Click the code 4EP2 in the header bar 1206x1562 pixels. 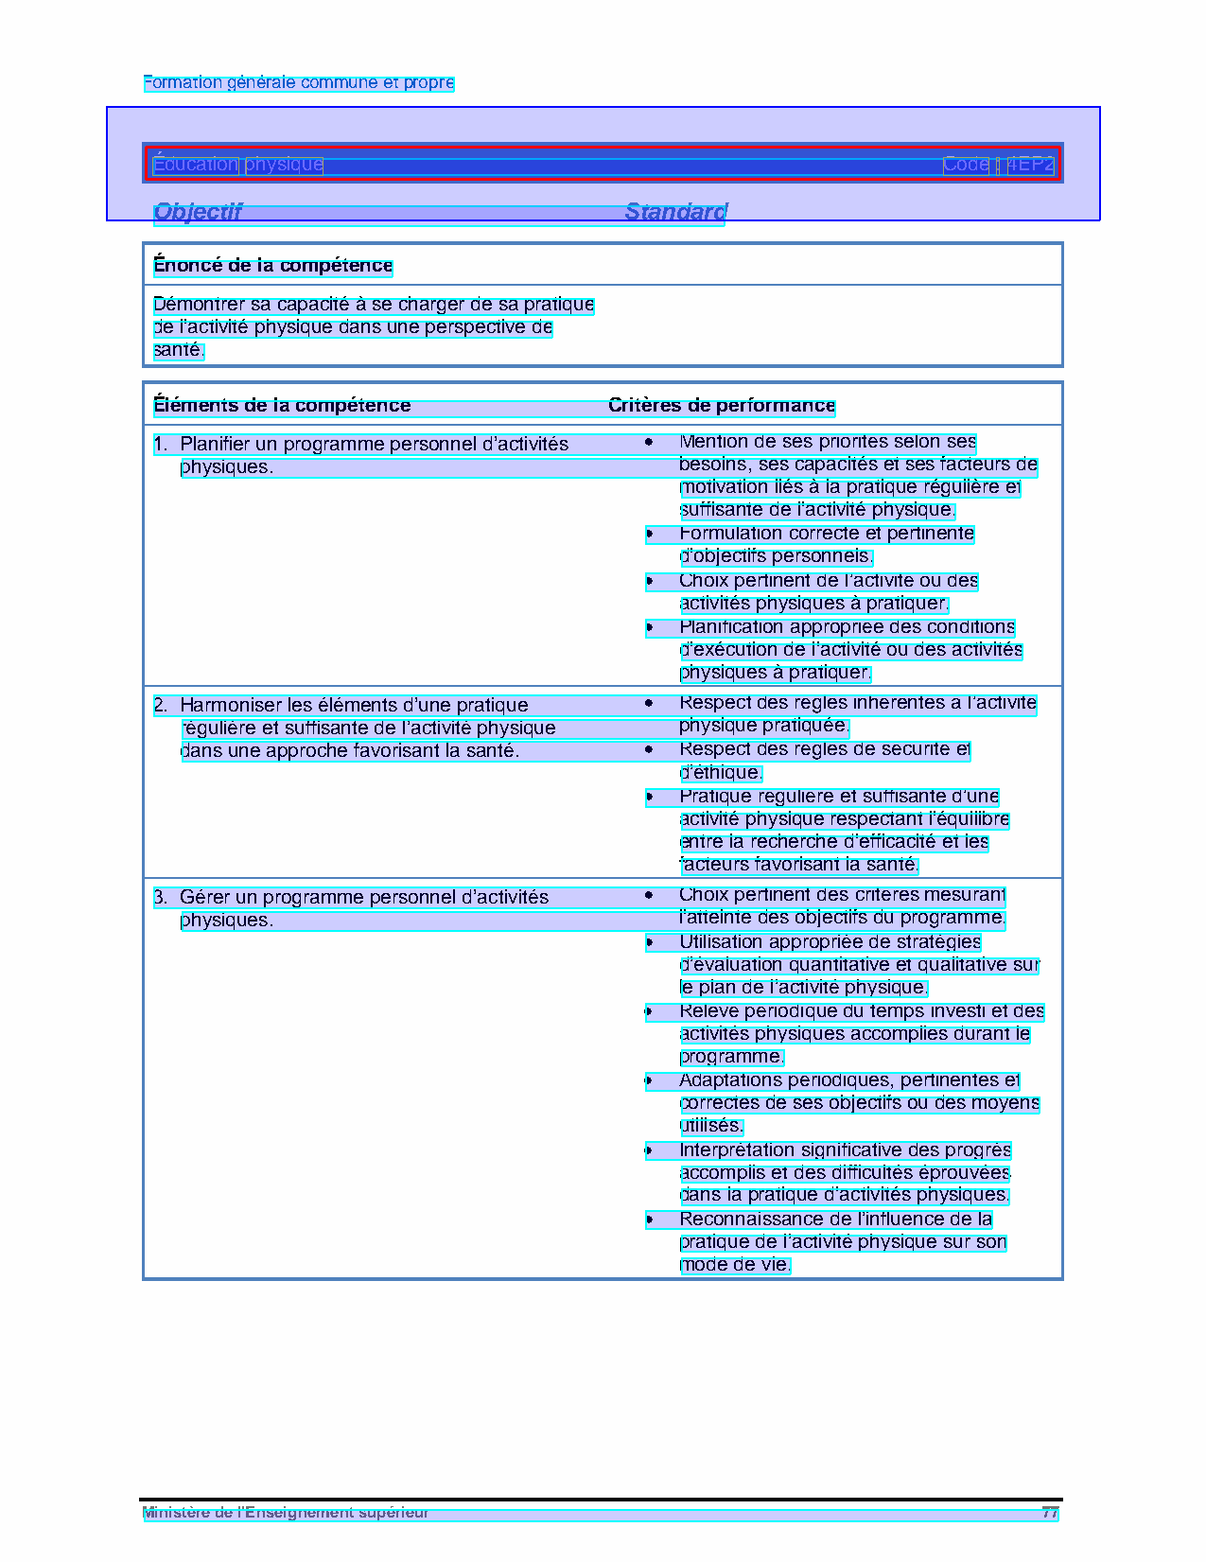pyautogui.click(x=1029, y=165)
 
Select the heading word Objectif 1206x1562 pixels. pyautogui.click(x=198, y=212)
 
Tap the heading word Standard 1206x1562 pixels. pyautogui.click(x=675, y=212)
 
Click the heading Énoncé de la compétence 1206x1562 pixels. pyautogui.click(x=272, y=266)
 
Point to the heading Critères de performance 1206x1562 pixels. pyautogui.click(x=722, y=406)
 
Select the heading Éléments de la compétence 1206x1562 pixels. pyautogui.click(x=282, y=406)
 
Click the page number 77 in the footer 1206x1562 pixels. pyautogui.click(x=1049, y=1513)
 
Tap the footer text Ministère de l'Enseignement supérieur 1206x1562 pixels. pyautogui.click(x=286, y=1513)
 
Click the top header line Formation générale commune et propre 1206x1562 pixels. pyautogui.click(x=299, y=83)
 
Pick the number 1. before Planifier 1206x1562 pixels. pyautogui.click(x=161, y=444)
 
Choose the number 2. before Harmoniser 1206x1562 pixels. pyautogui.click(x=161, y=706)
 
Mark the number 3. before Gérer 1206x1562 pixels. pyautogui.click(x=161, y=898)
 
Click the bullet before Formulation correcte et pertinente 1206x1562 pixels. pyautogui.click(x=650, y=535)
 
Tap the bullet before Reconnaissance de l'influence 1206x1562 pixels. pyautogui.click(x=650, y=1220)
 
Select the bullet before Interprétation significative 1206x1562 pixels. pyautogui.click(x=650, y=1151)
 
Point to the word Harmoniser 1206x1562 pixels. pyautogui.click(x=231, y=706)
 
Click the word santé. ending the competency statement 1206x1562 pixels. pyautogui.click(x=179, y=351)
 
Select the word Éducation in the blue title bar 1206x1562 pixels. pyautogui.click(x=196, y=165)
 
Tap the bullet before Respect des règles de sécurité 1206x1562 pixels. pyautogui.click(x=650, y=750)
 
